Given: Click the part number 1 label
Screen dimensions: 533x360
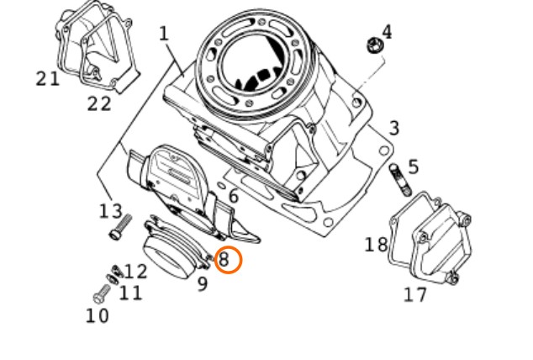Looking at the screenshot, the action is click(164, 34).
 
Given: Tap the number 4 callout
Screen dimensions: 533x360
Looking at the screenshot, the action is click(387, 32).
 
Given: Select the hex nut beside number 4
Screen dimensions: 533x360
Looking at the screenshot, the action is click(375, 45).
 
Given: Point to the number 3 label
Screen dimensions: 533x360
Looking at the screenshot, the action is click(394, 129).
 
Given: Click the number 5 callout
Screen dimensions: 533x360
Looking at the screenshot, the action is click(413, 167).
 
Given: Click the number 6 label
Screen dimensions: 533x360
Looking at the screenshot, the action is click(234, 196).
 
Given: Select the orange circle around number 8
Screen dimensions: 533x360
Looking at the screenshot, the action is click(229, 260).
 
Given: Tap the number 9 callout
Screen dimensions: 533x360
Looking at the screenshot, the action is click(203, 283).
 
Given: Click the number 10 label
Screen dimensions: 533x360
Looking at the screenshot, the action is click(98, 315).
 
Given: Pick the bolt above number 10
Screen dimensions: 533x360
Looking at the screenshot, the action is click(102, 294).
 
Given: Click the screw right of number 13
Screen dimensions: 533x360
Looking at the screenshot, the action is click(121, 227).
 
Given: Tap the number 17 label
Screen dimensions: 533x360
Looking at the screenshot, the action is click(414, 294).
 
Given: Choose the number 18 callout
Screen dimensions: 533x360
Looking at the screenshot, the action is click(376, 245).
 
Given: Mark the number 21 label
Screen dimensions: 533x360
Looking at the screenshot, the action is click(48, 79).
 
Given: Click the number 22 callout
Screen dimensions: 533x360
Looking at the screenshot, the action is click(99, 103).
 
